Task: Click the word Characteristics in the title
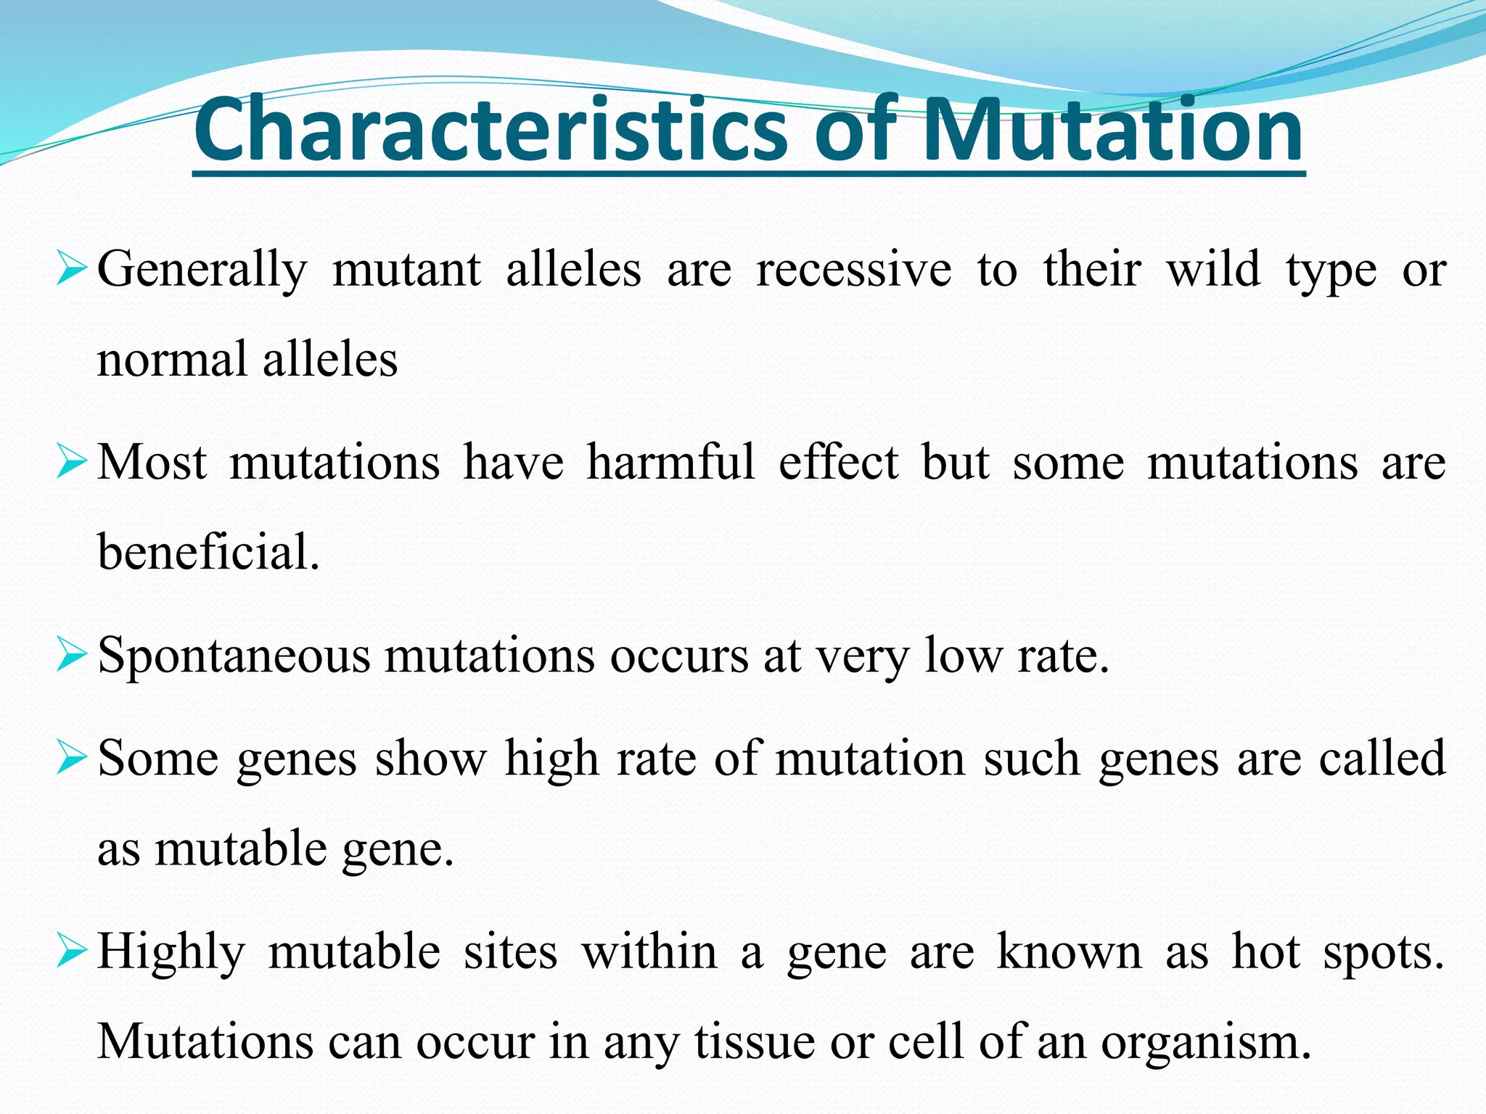tap(490, 131)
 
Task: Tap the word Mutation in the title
tap(1113, 131)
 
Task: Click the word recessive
tap(853, 270)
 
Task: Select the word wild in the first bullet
tap(1213, 270)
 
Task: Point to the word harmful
tap(670, 462)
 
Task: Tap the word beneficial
tap(208, 552)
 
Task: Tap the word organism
tap(1205, 1043)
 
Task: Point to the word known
tap(1070, 952)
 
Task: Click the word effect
tap(838, 462)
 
